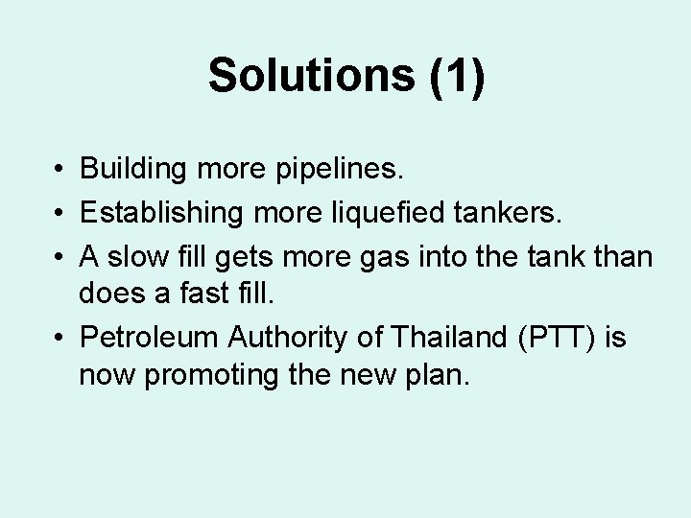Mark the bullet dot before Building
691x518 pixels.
[x=60, y=170]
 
